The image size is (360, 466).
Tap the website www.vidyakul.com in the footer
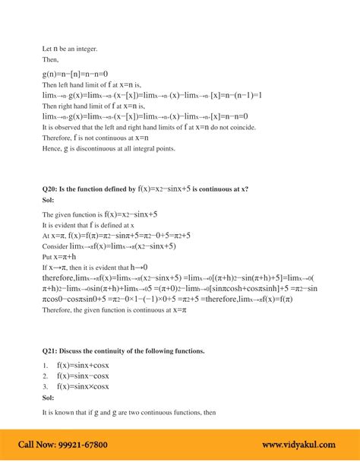click(x=300, y=445)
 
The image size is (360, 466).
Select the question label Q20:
click(x=52, y=188)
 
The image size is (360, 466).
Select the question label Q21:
click(x=52, y=350)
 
